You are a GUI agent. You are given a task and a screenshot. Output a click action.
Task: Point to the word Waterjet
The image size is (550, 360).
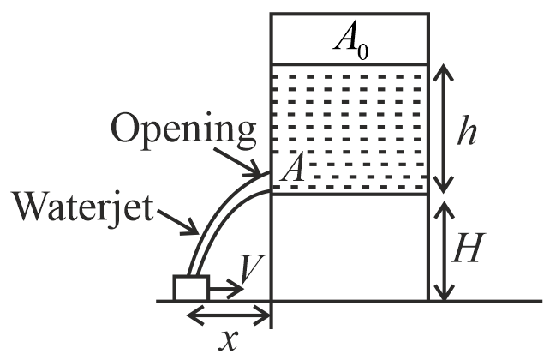pos(81,207)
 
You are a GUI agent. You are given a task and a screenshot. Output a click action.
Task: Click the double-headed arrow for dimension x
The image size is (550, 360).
pos(229,315)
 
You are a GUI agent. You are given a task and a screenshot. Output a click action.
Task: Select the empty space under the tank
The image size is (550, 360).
pos(349,249)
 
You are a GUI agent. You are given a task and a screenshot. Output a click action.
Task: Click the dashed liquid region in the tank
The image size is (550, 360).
pos(349,129)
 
